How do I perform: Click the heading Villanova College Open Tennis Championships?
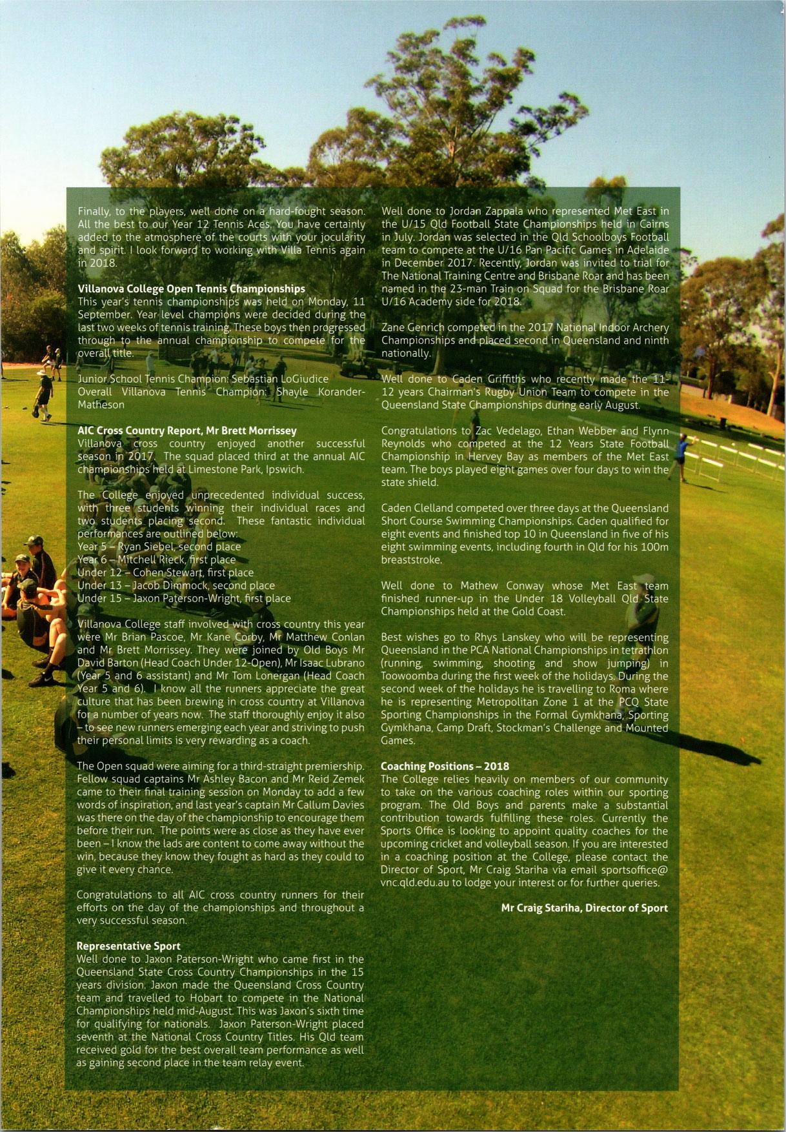point(191,288)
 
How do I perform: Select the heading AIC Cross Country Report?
point(187,430)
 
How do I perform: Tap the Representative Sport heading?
point(128,946)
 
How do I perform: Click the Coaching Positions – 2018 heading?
point(445,766)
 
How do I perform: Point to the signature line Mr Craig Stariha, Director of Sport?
point(584,908)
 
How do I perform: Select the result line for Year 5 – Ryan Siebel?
point(159,547)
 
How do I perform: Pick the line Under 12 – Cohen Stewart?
point(165,572)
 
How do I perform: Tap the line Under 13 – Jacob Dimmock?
point(176,585)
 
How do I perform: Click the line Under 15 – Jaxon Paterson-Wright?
point(184,598)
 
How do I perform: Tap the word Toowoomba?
point(411,676)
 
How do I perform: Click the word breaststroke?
point(411,560)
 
